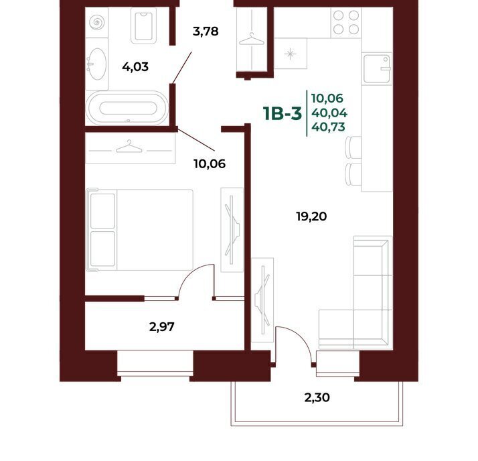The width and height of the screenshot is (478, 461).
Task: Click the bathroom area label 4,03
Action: coord(135,66)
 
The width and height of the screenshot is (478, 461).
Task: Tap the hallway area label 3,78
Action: coord(206,31)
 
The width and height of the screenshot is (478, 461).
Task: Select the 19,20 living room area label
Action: coord(311,216)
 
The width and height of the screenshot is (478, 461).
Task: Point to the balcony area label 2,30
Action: coord(317,397)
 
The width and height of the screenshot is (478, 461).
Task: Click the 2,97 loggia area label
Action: coord(162,327)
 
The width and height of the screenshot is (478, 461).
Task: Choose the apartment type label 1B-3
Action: coord(283,113)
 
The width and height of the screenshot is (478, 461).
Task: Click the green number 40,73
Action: coord(328,127)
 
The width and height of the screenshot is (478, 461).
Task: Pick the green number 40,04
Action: coord(329,113)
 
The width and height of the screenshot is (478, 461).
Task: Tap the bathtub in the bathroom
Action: coord(127,108)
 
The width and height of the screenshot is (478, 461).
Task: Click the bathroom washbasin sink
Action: coord(97,64)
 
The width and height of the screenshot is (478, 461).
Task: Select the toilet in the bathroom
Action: coord(143,25)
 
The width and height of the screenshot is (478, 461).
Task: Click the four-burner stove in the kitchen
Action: coord(346,22)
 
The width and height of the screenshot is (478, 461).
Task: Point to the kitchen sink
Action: coord(377,68)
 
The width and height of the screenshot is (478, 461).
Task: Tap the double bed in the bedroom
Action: coord(140,230)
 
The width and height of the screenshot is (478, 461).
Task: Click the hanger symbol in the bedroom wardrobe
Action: coord(129,147)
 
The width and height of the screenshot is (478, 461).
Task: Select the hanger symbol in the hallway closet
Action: coord(252,40)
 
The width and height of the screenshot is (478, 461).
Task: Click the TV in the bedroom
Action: coord(232,229)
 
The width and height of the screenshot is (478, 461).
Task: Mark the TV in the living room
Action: coord(262,300)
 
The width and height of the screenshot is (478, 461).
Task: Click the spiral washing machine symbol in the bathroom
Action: coord(96,22)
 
